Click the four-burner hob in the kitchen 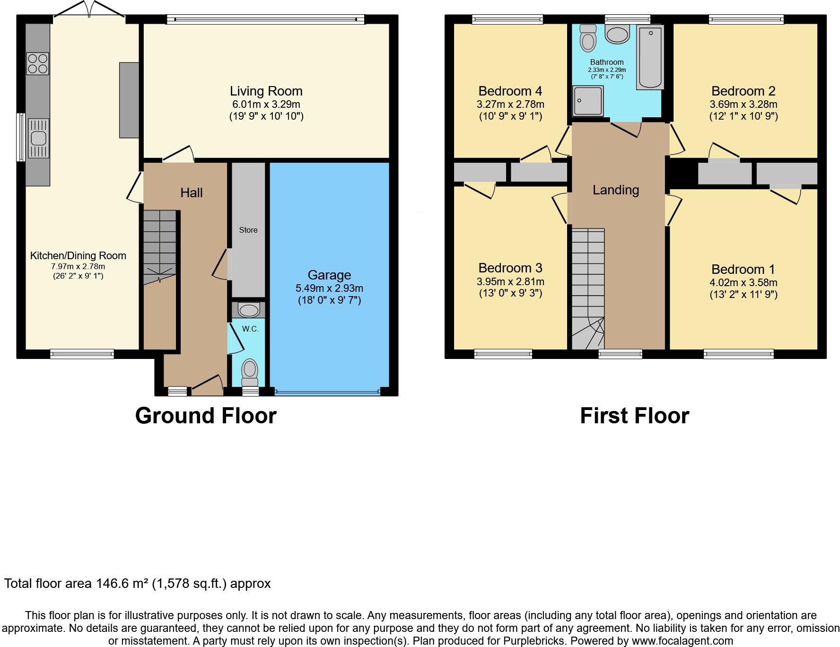tap(38, 64)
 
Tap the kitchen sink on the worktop tap(38, 138)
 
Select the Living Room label tap(266, 91)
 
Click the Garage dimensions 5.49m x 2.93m tap(329, 288)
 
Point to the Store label tap(248, 230)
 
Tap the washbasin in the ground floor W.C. tap(248, 310)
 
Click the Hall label tap(192, 192)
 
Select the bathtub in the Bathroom tap(650, 57)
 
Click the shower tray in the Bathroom tap(588, 101)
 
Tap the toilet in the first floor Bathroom tap(588, 38)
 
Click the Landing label tap(616, 190)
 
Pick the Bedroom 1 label tap(743, 269)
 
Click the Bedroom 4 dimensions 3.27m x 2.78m tap(510, 104)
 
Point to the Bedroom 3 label tap(510, 268)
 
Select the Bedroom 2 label tap(743, 91)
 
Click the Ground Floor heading tap(206, 416)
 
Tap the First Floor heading tap(634, 416)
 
